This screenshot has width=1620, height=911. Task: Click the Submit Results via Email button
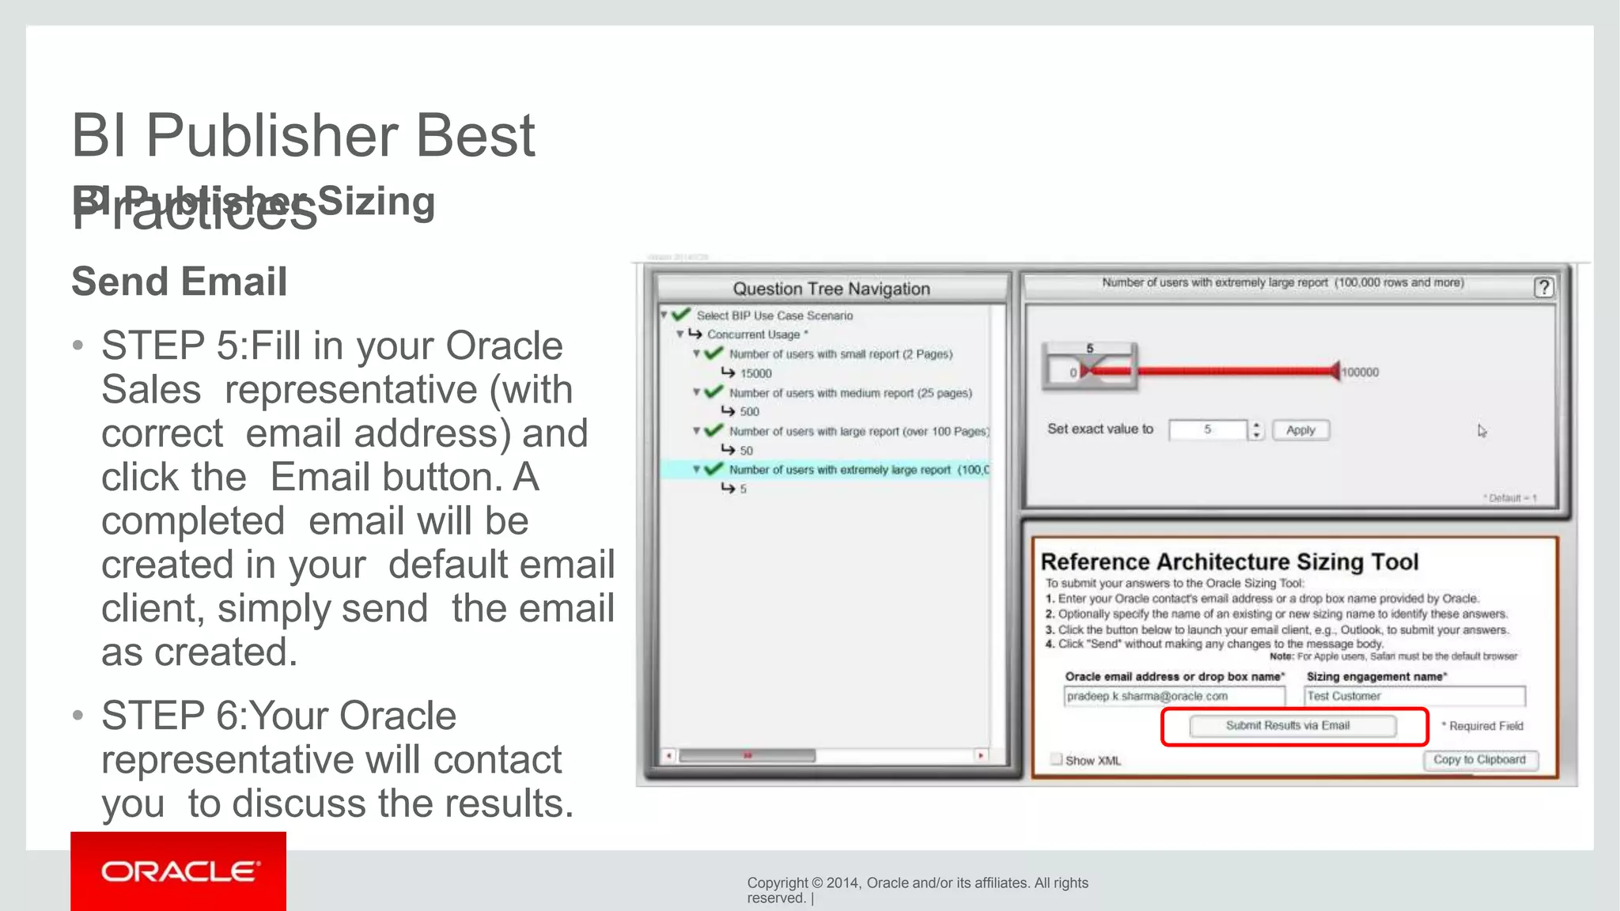1292,726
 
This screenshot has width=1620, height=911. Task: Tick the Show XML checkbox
1056,759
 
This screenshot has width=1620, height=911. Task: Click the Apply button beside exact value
1300,430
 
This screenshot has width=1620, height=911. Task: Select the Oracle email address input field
1173,697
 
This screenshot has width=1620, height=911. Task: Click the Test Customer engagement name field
1414,697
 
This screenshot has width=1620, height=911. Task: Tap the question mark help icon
1543,288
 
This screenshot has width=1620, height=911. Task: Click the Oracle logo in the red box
179,871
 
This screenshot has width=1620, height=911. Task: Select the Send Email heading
180,282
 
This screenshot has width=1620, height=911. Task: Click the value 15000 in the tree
755,373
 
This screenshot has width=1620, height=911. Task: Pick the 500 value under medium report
749,412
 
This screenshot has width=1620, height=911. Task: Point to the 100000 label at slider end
1361,372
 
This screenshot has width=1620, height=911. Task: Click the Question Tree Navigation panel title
831,289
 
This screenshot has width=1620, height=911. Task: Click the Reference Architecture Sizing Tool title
1229,562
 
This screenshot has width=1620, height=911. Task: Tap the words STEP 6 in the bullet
168,716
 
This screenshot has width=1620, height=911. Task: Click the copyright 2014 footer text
917,883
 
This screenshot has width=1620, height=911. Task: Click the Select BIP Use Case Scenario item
774,316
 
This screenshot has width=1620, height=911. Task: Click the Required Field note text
1485,726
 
